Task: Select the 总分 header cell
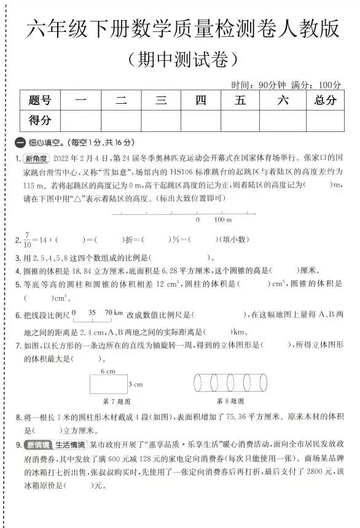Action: click(326, 101)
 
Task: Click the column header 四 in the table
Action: click(201, 101)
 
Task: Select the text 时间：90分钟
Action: click(257, 84)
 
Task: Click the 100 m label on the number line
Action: click(222, 220)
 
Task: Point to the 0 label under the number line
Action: click(197, 220)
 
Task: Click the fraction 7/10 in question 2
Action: click(26, 239)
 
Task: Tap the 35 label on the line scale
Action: click(93, 312)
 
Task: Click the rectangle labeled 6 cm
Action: click(108, 384)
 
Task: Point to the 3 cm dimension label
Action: click(135, 384)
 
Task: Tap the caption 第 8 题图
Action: click(230, 402)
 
